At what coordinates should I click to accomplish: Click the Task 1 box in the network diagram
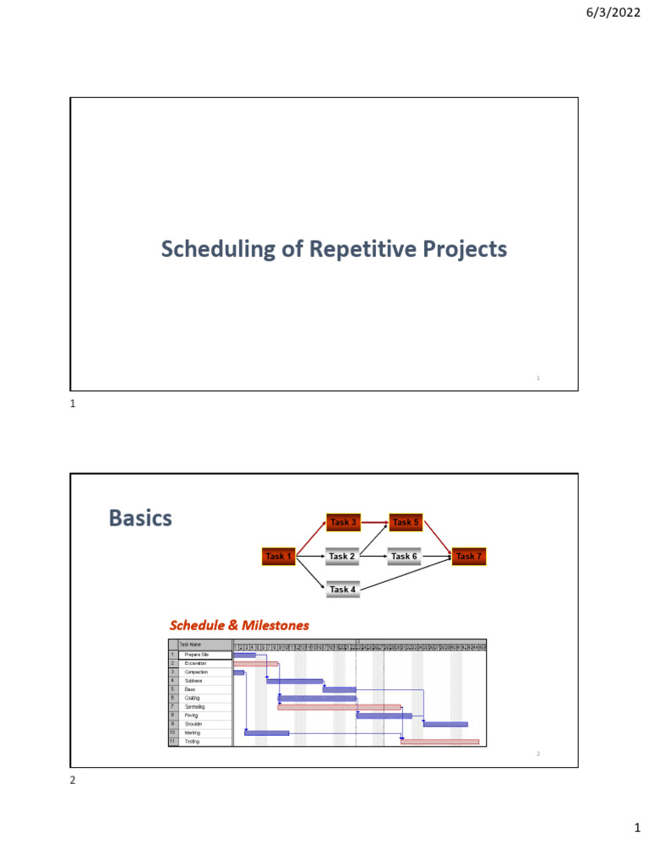pos(278,557)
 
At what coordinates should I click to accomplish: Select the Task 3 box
pos(342,522)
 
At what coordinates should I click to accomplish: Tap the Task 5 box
pos(406,522)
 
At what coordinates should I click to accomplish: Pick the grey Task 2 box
pos(342,557)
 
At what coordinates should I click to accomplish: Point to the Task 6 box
pos(404,557)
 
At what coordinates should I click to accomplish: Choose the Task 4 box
pos(342,590)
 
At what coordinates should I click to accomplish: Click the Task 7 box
pos(468,557)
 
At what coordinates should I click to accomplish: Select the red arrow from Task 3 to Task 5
pos(374,522)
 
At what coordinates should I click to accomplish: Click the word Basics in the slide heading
pos(140,518)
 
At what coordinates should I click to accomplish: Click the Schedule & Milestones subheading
pos(239,626)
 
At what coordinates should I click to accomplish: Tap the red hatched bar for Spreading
pos(339,707)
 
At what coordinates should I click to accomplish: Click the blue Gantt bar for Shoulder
pos(445,724)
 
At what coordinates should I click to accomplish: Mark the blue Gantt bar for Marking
pos(266,733)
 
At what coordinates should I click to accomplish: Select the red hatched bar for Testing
pos(439,742)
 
